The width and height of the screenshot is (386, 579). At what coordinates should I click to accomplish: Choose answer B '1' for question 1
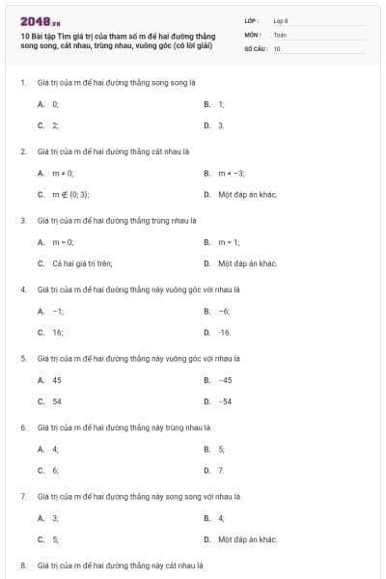tap(221, 103)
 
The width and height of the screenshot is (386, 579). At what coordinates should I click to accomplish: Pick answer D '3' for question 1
tap(221, 125)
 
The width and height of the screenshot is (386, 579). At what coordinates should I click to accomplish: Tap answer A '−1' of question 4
tap(58, 311)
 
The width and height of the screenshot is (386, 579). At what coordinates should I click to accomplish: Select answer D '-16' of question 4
tap(224, 332)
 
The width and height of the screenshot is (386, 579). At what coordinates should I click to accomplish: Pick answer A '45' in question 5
tap(56, 379)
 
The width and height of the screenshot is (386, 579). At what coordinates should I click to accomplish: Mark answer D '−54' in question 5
tap(225, 401)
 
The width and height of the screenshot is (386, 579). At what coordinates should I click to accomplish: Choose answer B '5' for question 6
tap(221, 449)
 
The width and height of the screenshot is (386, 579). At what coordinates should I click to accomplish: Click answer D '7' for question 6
tap(221, 470)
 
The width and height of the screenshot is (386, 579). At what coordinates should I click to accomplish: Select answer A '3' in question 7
tap(55, 517)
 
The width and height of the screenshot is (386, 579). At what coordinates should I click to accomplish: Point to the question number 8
tap(23, 565)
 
